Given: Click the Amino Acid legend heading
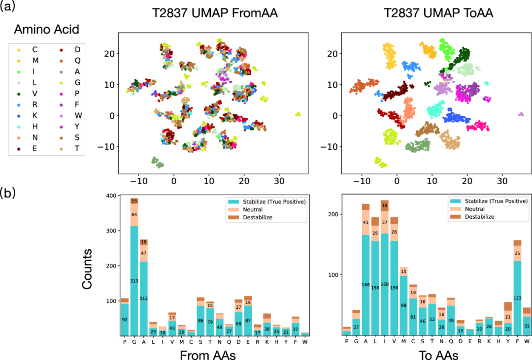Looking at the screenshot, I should pos(46,30).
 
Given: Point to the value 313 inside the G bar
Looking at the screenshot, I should pos(134,281).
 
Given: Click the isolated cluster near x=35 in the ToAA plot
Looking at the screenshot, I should pos(521,114).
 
